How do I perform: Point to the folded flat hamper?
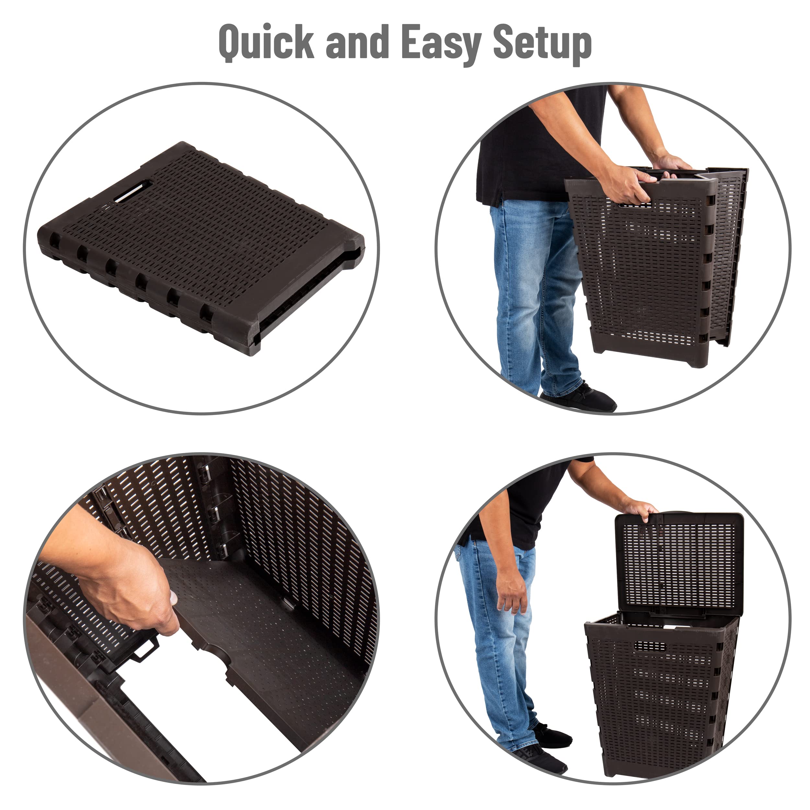pos(201,247)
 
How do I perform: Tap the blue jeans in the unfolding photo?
pos(537,294)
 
